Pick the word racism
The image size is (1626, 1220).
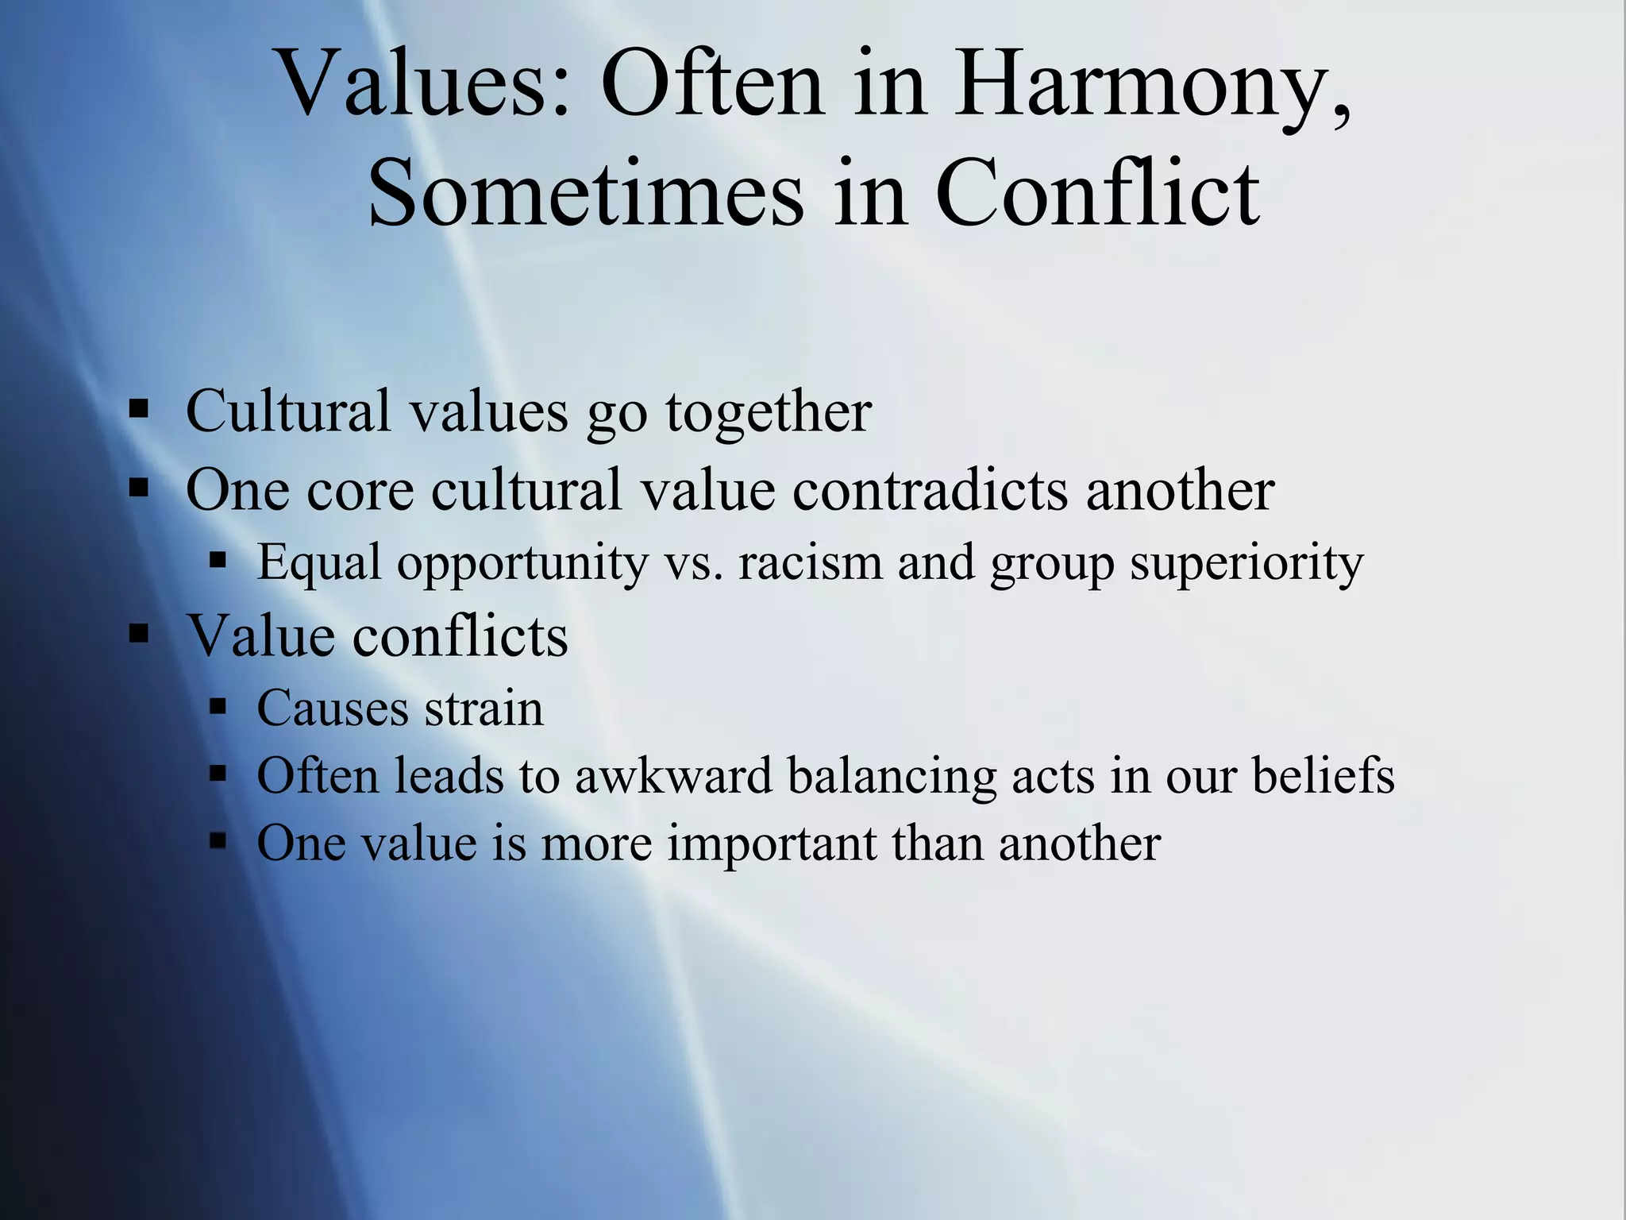tap(809, 563)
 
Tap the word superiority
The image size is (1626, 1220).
tap(1246, 563)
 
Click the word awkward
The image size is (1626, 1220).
tap(673, 775)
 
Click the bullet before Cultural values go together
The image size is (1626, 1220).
tap(139, 410)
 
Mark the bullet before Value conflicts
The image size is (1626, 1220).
tap(139, 634)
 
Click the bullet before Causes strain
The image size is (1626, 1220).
tap(218, 706)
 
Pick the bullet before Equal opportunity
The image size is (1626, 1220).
tap(218, 561)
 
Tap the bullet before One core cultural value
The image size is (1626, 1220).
tap(139, 487)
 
